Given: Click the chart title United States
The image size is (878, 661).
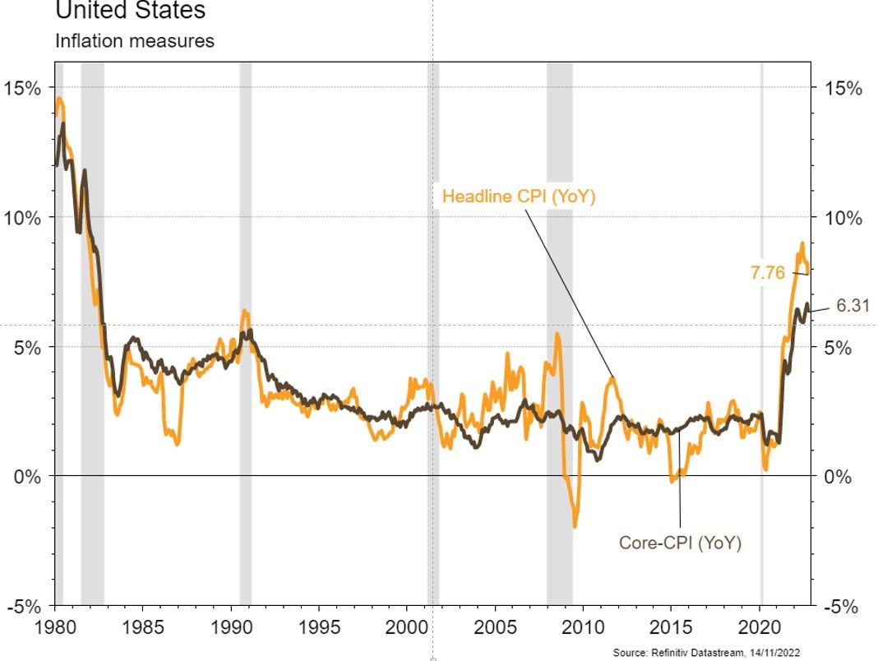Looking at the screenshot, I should click(x=130, y=12).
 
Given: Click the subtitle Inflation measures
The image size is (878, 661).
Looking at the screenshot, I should click(x=134, y=40).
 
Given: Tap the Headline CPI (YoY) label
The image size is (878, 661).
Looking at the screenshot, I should click(x=518, y=196).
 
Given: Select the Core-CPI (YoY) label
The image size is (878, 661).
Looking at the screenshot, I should click(x=679, y=543).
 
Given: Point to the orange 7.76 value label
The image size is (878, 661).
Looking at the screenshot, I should click(x=768, y=273).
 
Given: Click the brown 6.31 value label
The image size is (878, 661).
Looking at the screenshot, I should click(x=853, y=306).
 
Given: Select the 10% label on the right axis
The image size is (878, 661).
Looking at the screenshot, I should click(x=843, y=218).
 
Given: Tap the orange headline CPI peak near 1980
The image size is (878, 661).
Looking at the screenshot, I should click(x=60, y=100).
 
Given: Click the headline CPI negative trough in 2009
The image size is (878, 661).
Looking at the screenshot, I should click(x=575, y=525).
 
